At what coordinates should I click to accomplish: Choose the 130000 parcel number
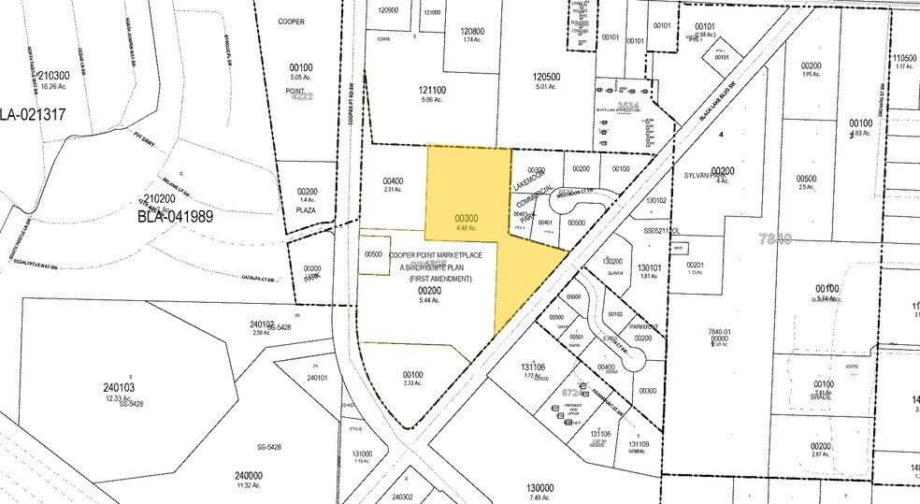(540, 487)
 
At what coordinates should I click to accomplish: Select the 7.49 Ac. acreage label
(540, 497)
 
